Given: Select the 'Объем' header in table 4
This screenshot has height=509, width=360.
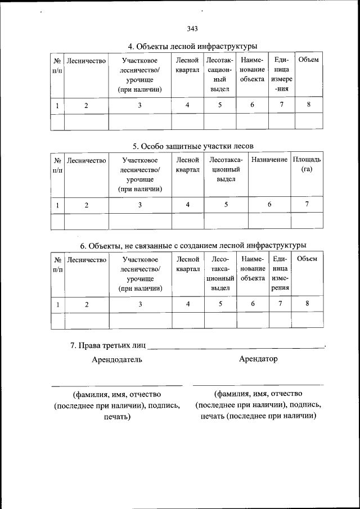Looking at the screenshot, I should [309, 60].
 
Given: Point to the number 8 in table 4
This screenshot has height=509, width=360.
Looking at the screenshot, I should [309, 105].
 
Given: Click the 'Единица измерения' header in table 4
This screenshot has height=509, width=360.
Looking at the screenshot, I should [281, 74].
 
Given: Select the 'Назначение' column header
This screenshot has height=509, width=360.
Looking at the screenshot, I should [269, 160].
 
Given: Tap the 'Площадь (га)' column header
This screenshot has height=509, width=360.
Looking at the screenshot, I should [307, 165].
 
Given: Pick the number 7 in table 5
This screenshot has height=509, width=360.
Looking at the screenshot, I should [307, 205].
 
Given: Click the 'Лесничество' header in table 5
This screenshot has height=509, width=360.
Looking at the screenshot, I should [86, 160].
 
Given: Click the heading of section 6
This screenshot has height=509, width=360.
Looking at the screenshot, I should [193, 246].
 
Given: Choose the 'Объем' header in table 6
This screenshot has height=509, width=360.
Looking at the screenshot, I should [307, 259].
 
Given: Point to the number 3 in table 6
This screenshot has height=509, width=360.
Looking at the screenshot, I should [140, 304].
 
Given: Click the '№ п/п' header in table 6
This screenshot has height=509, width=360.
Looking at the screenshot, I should [57, 264].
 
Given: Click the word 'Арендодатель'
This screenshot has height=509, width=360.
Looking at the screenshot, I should [117, 359].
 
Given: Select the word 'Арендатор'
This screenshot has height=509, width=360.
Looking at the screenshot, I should [258, 359].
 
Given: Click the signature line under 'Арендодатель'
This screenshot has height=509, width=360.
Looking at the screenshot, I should [117, 385].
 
